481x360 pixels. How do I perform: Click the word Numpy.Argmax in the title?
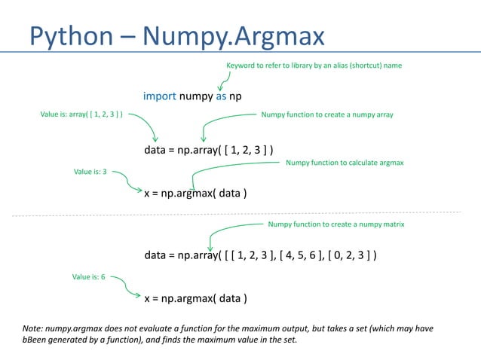[233, 35]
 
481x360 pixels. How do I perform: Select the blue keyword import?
[160, 96]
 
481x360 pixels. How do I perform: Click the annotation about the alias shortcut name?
[314, 66]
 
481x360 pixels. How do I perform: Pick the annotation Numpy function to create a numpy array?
[327, 114]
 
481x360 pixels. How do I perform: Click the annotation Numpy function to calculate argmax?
[345, 162]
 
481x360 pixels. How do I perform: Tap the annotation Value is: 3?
[90, 172]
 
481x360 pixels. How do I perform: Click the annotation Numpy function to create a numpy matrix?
[336, 224]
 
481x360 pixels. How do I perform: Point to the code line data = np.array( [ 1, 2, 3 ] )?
[208, 150]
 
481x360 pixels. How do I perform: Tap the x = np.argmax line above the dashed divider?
[195, 194]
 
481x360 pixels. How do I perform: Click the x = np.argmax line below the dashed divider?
[195, 298]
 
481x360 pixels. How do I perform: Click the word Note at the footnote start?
[33, 330]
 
